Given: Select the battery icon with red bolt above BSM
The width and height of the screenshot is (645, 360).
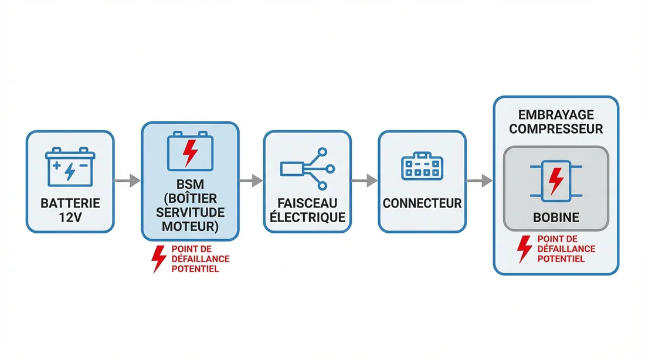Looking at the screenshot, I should [189, 152].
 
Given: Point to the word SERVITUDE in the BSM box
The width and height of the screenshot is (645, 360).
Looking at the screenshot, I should [189, 212].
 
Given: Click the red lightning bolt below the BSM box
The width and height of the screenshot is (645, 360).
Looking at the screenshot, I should [158, 259].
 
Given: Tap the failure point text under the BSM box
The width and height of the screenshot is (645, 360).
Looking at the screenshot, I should [200, 259].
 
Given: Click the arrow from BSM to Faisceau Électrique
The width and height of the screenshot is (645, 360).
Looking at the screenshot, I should [250, 181].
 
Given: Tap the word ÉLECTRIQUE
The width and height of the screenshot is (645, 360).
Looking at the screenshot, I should [307, 218].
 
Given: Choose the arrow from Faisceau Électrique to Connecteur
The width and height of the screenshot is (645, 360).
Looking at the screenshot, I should [364, 181].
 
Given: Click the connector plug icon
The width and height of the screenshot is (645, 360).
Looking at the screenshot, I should [422, 168].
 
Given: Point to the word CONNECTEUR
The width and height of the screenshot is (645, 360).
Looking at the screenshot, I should [422, 204].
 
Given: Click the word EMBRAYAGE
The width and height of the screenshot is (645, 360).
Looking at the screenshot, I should [556, 116].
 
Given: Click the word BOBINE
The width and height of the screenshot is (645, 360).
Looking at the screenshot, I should [556, 218].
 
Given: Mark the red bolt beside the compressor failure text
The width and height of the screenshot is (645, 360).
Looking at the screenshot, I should [524, 249].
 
